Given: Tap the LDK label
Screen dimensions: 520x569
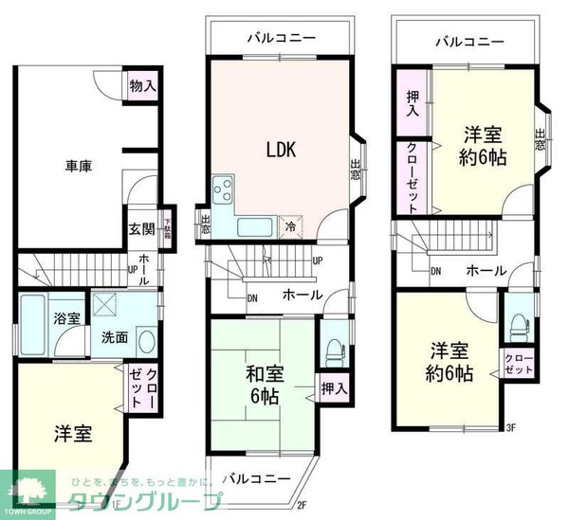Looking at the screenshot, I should coord(282,150).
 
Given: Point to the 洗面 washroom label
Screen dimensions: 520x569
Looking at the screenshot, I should coord(115,337).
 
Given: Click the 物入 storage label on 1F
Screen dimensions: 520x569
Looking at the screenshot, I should coord(142,86).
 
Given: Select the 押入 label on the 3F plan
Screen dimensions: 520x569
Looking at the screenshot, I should coord(412,104).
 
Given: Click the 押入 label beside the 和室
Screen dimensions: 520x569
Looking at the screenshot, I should coord(333,387).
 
